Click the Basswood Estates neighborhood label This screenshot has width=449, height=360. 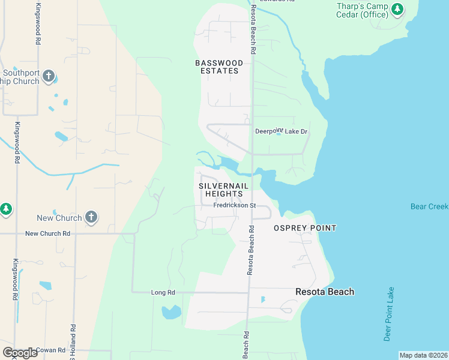pos(219,67)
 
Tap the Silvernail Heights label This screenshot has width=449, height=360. pos(223,190)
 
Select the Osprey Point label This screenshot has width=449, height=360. pos(305,228)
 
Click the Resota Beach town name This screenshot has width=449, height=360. pos(325,292)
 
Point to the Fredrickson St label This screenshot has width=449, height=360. pos(235,206)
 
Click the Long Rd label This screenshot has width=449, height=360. pos(163,292)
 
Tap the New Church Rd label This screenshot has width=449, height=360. pos(49,233)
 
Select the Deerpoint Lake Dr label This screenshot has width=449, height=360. pos(281,131)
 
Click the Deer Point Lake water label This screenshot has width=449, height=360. pos(390,314)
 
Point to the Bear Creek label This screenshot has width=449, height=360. pos(429,206)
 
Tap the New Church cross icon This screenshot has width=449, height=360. pos(91,217)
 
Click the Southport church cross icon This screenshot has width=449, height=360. pos(49,77)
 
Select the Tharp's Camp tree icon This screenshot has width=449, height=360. pos(397,9)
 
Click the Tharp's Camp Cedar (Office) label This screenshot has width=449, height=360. pos(361,10)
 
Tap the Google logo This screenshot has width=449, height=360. pos(20,353)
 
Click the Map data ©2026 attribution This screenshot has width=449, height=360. pos(424,355)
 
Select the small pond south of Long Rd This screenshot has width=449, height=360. pos(171,312)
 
